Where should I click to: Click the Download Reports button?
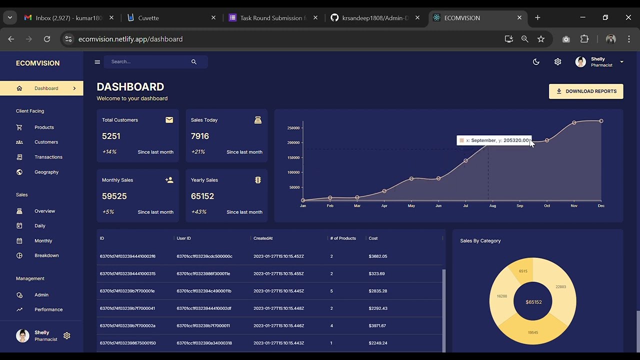586,91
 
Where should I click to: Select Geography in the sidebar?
46,172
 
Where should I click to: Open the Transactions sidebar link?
48,157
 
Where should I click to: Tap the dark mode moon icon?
536,62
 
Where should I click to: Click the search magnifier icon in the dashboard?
194,62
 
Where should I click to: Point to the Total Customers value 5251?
111,136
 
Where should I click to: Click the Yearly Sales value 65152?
202,196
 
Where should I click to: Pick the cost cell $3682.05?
377,256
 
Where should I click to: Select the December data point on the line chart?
601,121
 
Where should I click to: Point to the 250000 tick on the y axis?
293,128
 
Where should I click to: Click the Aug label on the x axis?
492,206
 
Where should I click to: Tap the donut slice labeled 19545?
533,332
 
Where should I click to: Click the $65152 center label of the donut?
533,302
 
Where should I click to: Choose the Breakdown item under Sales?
46,255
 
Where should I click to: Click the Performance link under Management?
48,309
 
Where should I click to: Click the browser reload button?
47,39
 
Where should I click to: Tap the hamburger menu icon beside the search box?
97,62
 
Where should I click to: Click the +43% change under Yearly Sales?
198,212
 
